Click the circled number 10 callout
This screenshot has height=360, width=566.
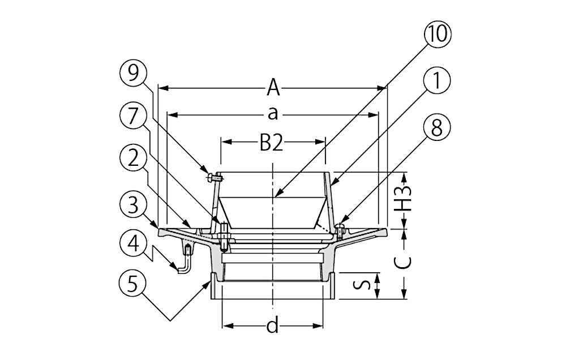click(x=437, y=35)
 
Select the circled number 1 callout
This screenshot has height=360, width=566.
click(x=437, y=81)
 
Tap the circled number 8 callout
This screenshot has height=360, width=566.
click(x=437, y=127)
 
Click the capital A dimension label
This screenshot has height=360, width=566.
click(x=273, y=88)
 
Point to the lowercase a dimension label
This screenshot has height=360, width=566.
click(x=273, y=114)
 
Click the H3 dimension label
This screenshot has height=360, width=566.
click(x=406, y=200)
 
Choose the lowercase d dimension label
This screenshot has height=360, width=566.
click(x=273, y=327)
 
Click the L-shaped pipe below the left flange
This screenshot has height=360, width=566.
click(x=185, y=261)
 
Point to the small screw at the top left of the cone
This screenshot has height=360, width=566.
click(x=215, y=177)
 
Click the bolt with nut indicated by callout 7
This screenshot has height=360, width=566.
click(x=224, y=237)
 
